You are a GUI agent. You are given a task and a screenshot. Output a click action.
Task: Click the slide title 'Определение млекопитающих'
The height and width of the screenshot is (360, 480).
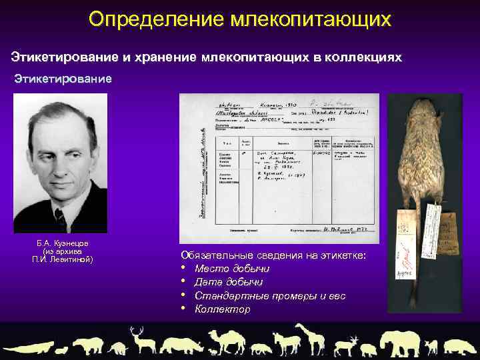tap(239, 19)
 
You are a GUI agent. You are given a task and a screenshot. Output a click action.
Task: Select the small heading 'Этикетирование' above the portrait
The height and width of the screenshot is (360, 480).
tap(64, 79)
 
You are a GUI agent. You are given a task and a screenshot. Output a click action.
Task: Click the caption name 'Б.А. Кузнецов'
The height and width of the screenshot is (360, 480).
tap(63, 243)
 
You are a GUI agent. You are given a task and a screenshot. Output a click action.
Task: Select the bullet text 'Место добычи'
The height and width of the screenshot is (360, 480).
tap(232, 268)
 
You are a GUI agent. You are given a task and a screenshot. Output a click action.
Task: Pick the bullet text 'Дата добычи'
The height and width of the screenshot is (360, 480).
tap(229, 282)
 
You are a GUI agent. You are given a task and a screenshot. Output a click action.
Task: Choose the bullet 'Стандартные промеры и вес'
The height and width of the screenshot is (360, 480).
tap(270, 295)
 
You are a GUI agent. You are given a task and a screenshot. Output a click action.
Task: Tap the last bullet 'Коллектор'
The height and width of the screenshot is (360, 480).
tap(223, 309)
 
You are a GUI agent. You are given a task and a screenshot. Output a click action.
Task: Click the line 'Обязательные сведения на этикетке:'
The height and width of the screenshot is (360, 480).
tap(273, 255)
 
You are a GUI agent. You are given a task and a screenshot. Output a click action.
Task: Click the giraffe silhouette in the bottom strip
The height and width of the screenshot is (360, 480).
tap(311, 338)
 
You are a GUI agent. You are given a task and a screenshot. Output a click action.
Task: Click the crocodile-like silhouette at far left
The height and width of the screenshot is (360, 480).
tap(29, 347)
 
